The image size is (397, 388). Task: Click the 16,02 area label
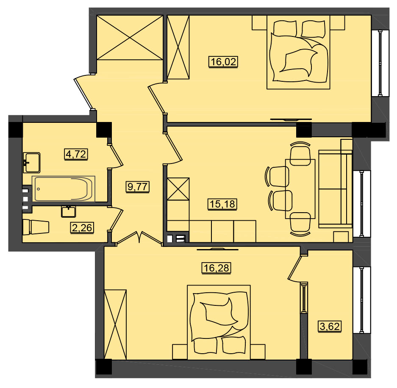tap(223, 62)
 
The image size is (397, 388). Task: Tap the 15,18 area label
tap(223, 204)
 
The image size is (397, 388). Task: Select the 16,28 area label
tap(217, 268)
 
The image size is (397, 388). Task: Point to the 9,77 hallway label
tap(137, 187)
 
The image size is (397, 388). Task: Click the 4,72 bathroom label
tap(76, 154)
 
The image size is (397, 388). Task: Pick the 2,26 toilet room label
tap(82, 227)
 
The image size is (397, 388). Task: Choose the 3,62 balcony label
tap(330, 326)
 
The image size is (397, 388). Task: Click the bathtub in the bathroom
tap(63, 189)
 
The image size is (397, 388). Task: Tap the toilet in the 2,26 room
tap(36, 227)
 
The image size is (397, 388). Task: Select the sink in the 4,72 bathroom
tap(32, 163)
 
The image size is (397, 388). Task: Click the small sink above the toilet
tap(68, 211)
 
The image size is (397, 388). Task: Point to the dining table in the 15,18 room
tap(300, 188)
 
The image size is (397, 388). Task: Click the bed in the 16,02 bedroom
tap(298, 52)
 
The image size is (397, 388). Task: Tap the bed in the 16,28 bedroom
tap(219, 322)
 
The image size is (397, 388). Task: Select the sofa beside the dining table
tap(335, 189)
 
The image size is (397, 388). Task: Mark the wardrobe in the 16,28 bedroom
tap(115, 324)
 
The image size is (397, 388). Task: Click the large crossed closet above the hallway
tap(130, 38)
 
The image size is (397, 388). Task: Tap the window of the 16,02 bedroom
tap(380, 63)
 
